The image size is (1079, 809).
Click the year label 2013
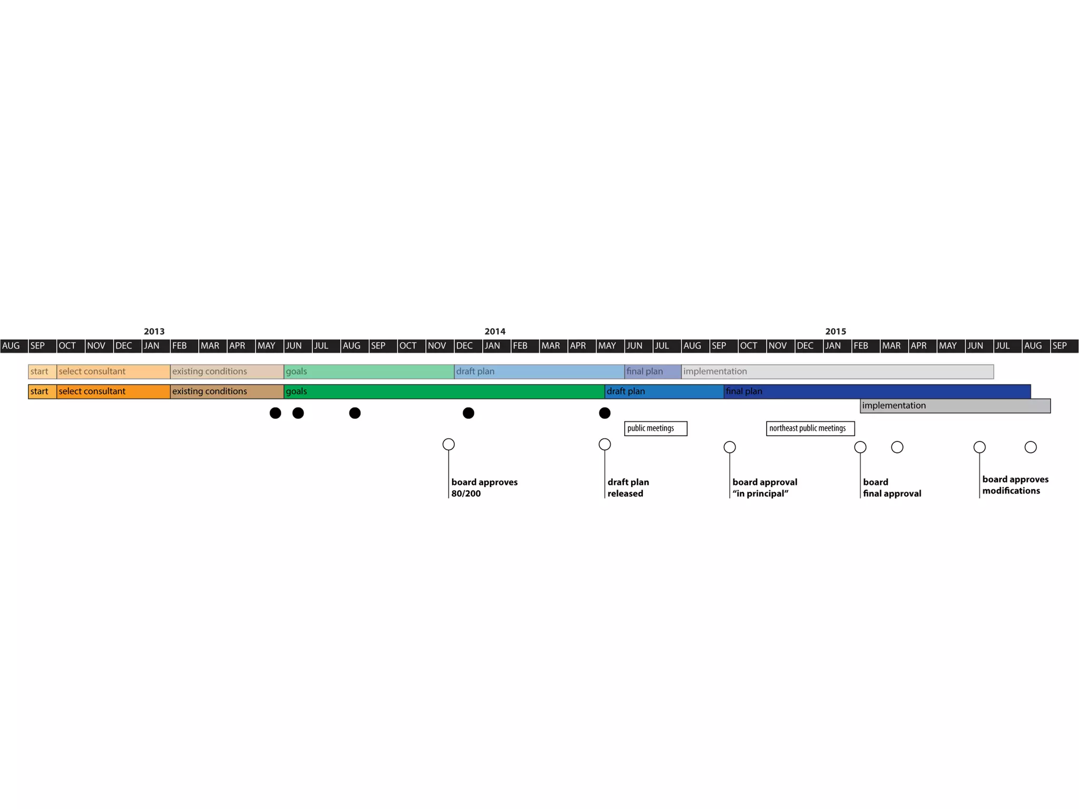154,331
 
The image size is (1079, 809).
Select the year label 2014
495,331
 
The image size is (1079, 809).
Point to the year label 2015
835,331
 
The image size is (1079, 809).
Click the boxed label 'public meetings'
655,428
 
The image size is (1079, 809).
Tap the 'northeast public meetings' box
810,428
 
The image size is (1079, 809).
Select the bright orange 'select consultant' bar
113,391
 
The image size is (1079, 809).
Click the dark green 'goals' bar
444,391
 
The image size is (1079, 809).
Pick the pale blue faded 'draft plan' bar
539,371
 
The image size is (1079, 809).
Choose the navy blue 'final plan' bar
877,391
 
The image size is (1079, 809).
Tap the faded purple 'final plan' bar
653,371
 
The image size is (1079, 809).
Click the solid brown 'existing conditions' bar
227,391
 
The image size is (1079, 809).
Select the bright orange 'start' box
42,391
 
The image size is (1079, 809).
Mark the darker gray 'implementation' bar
955,406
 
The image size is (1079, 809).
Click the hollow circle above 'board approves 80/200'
448,444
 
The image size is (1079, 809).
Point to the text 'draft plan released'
628,488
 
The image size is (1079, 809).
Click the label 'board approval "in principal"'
764,488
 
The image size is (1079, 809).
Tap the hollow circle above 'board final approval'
860,447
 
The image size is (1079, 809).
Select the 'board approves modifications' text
1015,485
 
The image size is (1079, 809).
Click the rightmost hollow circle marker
1031,447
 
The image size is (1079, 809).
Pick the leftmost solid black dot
275,413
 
